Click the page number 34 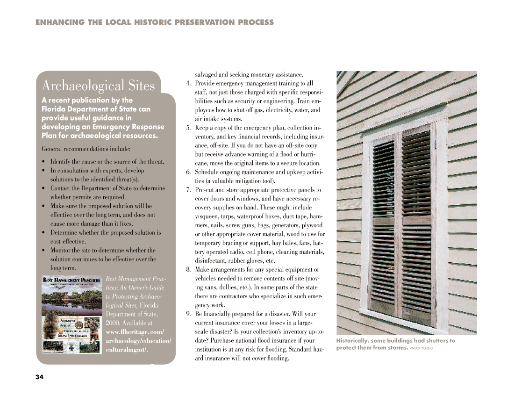click(39, 377)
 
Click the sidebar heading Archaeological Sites click(98, 86)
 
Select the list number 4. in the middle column click(188, 84)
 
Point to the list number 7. click(188, 190)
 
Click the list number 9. click(188, 314)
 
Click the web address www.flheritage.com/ click(135, 332)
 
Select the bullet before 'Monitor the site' click(43, 251)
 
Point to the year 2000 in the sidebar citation click(113, 323)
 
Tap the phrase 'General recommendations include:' click(86, 149)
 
